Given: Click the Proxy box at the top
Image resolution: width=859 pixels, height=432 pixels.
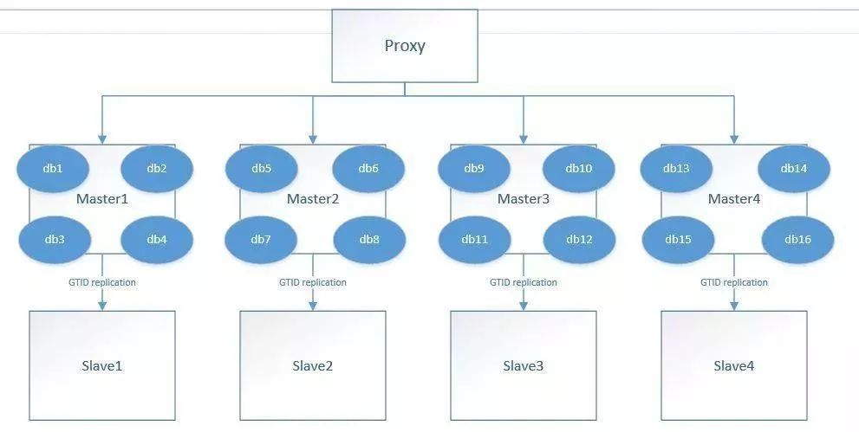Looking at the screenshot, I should [x=404, y=46].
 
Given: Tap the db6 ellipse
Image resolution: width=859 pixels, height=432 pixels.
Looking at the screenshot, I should [x=368, y=169].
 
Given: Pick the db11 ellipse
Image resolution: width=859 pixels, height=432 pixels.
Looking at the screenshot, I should [x=474, y=239].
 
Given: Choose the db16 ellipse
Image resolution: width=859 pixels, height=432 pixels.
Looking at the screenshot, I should [x=797, y=239].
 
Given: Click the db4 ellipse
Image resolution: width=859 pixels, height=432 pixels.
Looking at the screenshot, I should [x=157, y=239].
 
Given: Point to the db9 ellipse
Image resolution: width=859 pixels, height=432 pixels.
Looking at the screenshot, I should [x=473, y=169].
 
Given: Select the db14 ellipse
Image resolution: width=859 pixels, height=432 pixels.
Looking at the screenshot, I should [x=794, y=169].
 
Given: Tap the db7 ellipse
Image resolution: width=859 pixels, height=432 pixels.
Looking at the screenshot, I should [x=262, y=239].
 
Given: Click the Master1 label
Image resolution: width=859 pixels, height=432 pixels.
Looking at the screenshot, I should [x=102, y=199].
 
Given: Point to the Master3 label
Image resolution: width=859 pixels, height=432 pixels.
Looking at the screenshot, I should [x=524, y=199].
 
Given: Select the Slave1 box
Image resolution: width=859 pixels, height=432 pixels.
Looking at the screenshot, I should [x=102, y=365].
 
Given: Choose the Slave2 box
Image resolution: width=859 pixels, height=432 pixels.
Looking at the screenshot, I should [x=313, y=365].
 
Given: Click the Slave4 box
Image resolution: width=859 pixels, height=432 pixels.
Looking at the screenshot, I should [x=734, y=365].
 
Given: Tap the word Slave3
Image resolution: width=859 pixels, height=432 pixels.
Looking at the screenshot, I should [x=524, y=366].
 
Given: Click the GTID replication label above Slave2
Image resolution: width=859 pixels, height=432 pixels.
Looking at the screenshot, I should [x=313, y=282].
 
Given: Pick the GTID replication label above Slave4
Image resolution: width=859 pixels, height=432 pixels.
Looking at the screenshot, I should [x=734, y=282].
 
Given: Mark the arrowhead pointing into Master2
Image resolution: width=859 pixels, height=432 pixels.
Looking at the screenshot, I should [x=313, y=139].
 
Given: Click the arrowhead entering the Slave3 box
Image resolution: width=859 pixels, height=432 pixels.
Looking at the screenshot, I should [x=524, y=305].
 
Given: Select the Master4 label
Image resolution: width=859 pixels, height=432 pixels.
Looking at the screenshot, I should [x=734, y=199].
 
